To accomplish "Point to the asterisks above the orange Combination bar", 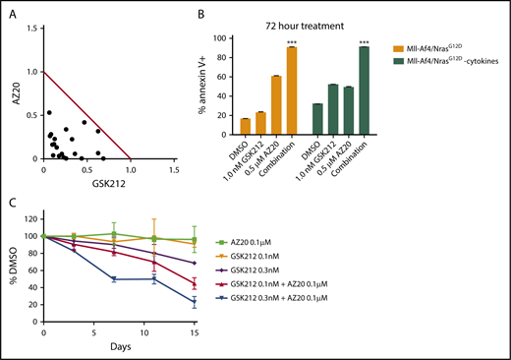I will pyautogui.click(x=292, y=42).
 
